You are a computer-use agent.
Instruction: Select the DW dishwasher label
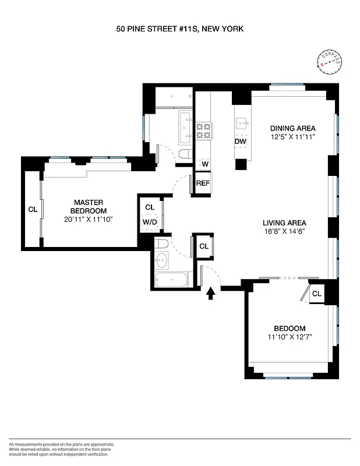point(240,142)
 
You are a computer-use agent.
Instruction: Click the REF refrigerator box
point(203,183)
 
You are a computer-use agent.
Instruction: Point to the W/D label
point(149,221)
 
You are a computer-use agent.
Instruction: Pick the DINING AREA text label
point(292,128)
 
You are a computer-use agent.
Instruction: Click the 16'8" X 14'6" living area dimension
point(284,231)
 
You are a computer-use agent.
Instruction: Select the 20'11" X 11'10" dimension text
point(88,220)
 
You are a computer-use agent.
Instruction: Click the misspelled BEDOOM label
point(285,328)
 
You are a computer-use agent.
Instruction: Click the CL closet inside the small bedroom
point(316,294)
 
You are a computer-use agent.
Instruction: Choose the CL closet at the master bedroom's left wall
point(32,210)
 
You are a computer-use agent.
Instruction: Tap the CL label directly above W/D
point(149,207)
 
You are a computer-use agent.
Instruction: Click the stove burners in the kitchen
point(203,130)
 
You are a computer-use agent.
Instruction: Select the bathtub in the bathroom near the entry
point(171,280)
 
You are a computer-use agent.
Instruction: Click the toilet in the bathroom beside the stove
point(185,155)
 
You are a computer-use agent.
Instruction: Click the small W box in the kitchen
point(204,164)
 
